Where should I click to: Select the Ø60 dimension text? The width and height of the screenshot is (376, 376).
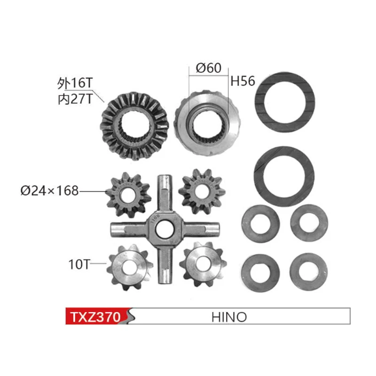(x=208, y=68)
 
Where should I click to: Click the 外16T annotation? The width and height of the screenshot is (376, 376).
(x=76, y=83)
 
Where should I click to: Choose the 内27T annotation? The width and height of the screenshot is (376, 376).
(x=75, y=98)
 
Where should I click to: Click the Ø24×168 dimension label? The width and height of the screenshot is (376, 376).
(x=49, y=191)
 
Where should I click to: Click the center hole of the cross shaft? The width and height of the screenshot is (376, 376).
(x=164, y=230)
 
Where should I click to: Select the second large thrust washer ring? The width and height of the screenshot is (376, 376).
(x=284, y=174)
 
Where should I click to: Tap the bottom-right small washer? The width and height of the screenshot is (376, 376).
(x=308, y=271)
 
